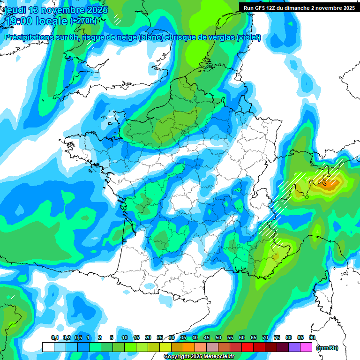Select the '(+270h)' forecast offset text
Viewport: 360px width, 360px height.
pos(83,21)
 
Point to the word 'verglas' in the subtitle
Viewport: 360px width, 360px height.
pos(218,37)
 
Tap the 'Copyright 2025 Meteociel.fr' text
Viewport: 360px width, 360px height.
pos(199,357)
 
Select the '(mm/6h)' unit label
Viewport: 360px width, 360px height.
pos(327,347)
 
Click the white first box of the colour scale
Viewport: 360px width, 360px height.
pos(48,347)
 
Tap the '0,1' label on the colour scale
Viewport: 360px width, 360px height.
pos(55,337)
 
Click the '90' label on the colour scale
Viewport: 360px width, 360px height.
pos(312,337)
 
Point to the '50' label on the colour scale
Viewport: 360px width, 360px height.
pos(218,337)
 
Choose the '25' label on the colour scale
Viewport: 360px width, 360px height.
pos(160,337)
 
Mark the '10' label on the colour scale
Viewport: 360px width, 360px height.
pos(125,337)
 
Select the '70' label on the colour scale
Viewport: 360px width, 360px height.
pos(265,337)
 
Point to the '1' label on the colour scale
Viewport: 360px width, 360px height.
pos(88,337)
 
